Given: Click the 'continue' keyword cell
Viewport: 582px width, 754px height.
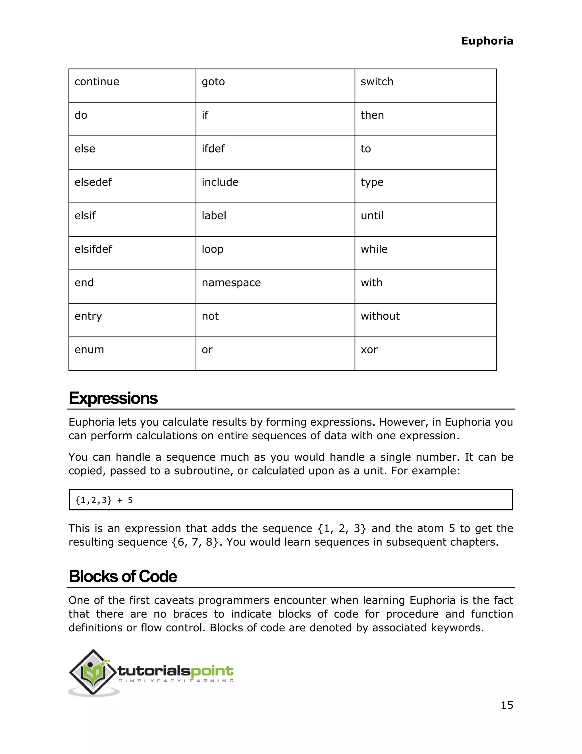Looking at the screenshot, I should [x=97, y=82].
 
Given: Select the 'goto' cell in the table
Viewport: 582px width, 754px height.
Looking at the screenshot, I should [x=213, y=82].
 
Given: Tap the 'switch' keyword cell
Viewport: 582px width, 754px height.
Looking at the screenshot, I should [x=377, y=82].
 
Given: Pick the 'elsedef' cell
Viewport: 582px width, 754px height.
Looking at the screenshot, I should [x=93, y=182].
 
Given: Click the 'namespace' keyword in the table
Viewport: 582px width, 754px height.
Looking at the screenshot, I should [x=231, y=283].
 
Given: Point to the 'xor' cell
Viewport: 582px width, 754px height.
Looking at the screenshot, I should [x=369, y=350].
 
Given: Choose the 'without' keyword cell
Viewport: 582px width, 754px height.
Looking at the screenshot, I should [x=380, y=316].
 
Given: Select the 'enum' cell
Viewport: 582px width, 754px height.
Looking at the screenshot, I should [x=89, y=350].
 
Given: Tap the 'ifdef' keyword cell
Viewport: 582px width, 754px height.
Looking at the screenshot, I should [x=213, y=149].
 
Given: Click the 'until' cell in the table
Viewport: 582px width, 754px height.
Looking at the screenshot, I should [x=372, y=216].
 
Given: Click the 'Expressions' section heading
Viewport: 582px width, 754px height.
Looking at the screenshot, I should [x=113, y=398].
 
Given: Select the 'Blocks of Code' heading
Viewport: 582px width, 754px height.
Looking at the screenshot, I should [x=123, y=576].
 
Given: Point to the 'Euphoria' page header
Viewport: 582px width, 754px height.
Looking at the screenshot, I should [x=487, y=41].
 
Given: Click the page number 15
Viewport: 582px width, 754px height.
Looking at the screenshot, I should [x=506, y=705].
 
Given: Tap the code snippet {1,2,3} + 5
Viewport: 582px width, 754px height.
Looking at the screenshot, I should [x=104, y=500].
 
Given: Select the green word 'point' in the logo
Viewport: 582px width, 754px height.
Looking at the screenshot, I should [x=212, y=671].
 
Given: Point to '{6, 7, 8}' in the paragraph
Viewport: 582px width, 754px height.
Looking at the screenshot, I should [x=195, y=542].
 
